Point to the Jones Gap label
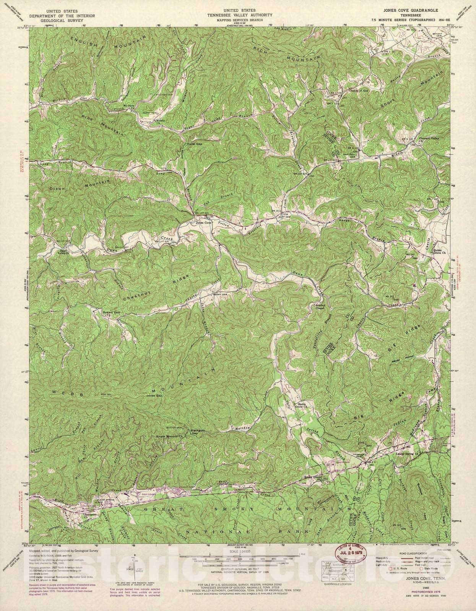pos(155,396)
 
